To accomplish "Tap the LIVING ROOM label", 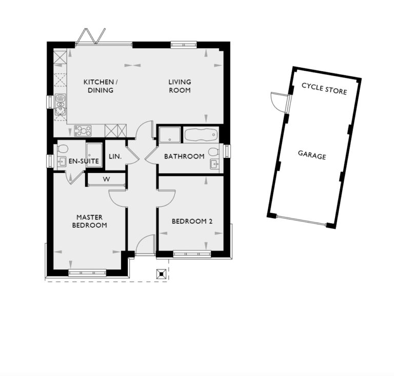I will (x=180, y=86).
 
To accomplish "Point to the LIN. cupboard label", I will (x=115, y=156).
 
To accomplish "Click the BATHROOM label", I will (x=184, y=156).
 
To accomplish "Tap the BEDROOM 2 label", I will (x=192, y=222).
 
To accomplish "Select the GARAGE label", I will (x=312, y=155).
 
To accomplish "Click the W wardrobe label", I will (x=106, y=180).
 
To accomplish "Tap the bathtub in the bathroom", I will (x=201, y=136).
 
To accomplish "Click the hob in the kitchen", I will (x=83, y=131).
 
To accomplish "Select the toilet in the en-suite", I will (x=63, y=149).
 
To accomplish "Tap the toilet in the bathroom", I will (x=214, y=152).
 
